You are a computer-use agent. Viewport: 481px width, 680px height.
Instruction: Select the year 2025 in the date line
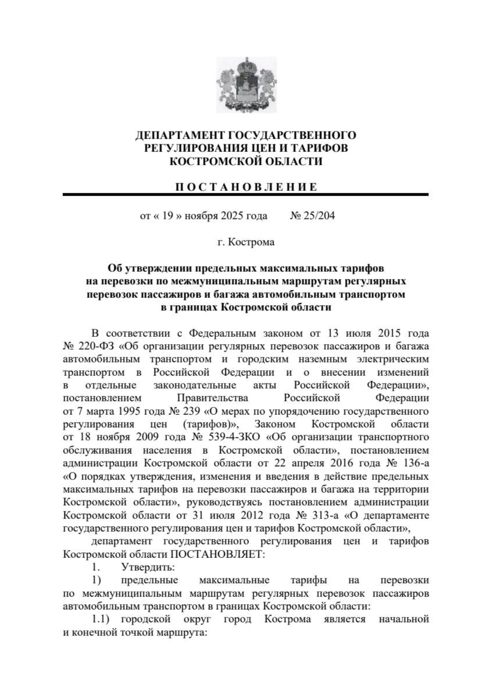[x=230, y=216]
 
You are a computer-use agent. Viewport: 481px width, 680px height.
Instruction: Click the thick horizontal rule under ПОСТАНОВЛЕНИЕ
[x=245, y=194]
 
